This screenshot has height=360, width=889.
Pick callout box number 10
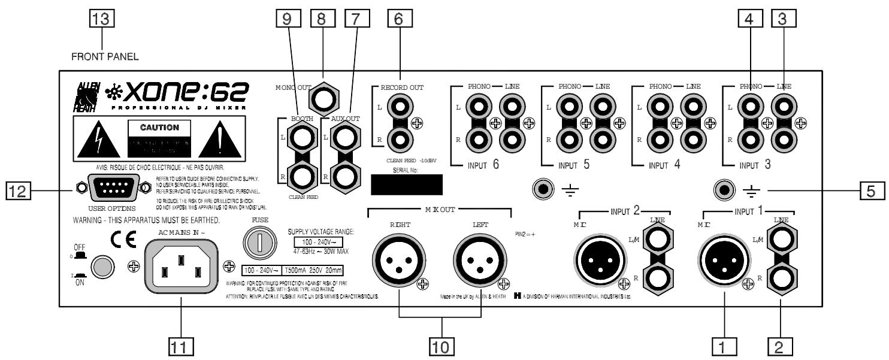click(440, 345)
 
